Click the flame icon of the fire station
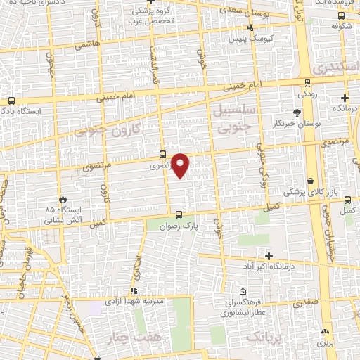coord(64,199)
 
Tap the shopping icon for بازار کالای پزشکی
coord(310,181)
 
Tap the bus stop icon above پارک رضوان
coord(179,214)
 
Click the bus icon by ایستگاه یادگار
coord(11,100)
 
